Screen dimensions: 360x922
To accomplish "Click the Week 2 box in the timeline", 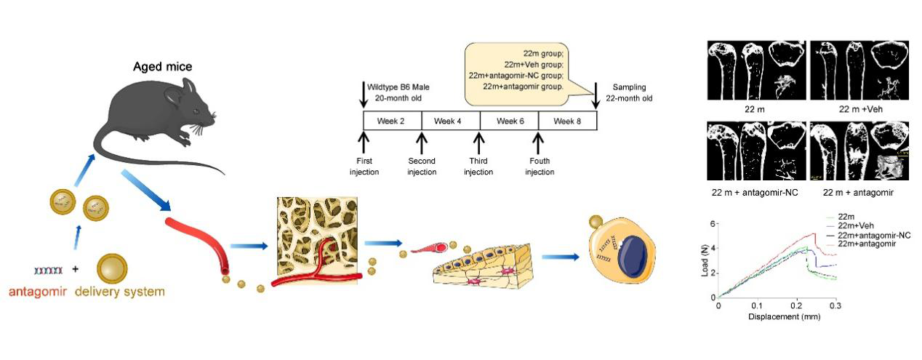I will click(391, 121).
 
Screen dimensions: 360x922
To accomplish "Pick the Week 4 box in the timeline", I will click(450, 121).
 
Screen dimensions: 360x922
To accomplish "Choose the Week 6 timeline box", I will click(509, 121).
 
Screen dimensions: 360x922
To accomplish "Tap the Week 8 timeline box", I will click(567, 121).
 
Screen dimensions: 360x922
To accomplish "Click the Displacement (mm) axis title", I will click(777, 317).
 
